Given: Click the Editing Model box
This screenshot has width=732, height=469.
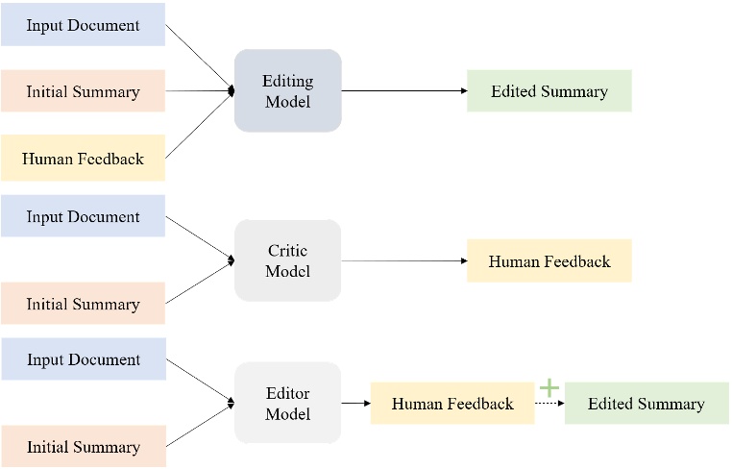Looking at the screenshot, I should click(x=288, y=91).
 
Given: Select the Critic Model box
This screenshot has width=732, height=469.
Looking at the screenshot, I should click(x=288, y=260).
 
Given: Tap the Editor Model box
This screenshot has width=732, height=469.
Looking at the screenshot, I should click(x=288, y=403).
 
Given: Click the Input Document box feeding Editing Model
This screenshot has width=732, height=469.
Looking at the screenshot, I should click(x=83, y=24).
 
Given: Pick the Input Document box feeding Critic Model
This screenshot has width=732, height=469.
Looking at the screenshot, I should click(x=83, y=216).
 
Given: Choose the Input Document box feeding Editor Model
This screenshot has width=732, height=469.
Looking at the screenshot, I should click(x=83, y=359).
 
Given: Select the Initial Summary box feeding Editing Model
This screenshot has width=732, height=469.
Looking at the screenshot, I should click(x=83, y=91).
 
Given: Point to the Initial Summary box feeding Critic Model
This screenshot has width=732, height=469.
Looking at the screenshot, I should click(x=83, y=304).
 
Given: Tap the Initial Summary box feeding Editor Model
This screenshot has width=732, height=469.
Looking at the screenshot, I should click(x=83, y=447).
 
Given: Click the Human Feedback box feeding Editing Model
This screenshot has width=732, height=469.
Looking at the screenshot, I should click(x=83, y=159).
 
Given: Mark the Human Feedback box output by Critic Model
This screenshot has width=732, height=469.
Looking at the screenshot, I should click(x=549, y=260).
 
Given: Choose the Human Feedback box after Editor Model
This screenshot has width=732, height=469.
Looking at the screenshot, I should click(x=452, y=404).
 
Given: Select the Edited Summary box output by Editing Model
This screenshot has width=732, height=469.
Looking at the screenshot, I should click(x=549, y=91).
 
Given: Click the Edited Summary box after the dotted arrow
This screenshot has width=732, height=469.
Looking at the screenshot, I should click(x=647, y=404).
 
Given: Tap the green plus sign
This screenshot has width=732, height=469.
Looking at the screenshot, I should click(x=549, y=387).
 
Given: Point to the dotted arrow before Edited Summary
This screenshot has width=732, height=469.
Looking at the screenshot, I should click(x=549, y=404).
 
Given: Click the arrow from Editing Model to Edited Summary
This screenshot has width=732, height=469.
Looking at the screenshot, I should click(x=403, y=91).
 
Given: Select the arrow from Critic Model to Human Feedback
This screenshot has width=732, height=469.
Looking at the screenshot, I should click(x=403, y=260).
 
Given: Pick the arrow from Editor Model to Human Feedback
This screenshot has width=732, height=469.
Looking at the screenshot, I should click(x=355, y=404).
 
